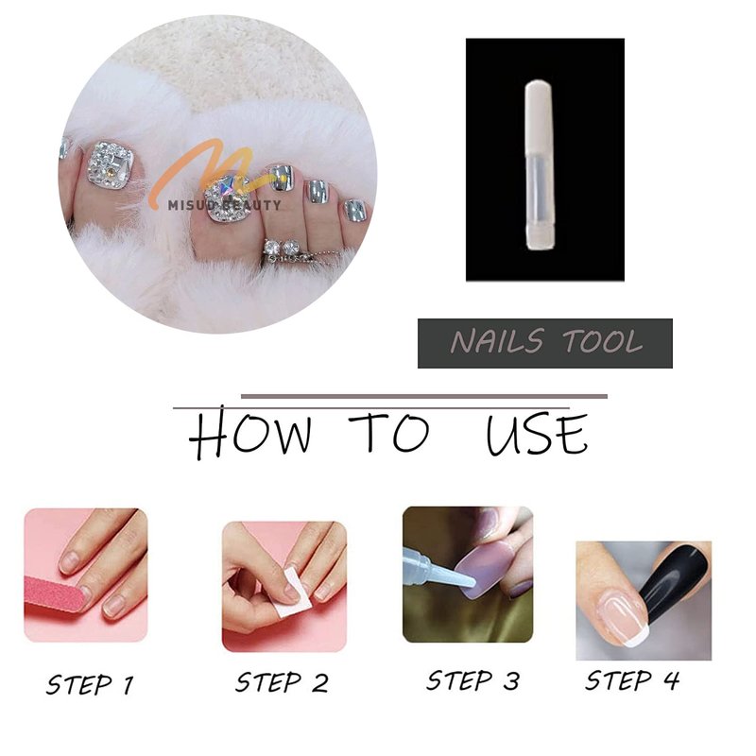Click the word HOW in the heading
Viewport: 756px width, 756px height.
tap(249, 433)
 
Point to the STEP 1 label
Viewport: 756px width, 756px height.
tap(90, 684)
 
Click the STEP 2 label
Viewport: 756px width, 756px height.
tap(282, 682)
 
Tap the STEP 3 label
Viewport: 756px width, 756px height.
tap(473, 680)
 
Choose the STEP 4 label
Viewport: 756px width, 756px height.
tap(632, 680)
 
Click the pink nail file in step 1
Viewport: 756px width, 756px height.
tap(55, 594)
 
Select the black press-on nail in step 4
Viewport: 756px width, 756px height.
tap(674, 587)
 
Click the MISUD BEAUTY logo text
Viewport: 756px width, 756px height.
tap(224, 205)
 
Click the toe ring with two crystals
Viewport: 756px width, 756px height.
tap(284, 251)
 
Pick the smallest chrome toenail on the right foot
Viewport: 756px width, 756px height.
tap(355, 211)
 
